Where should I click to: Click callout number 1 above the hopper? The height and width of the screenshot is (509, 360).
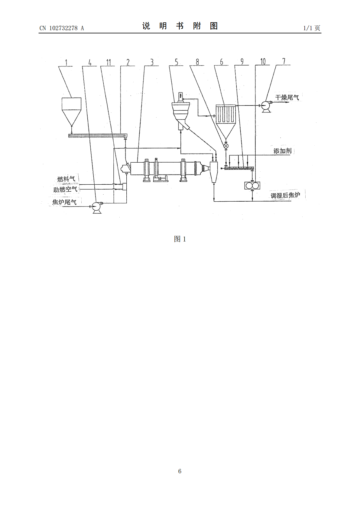(x=66, y=63)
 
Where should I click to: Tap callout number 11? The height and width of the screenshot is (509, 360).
(x=109, y=62)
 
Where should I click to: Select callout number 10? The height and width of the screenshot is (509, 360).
(x=263, y=61)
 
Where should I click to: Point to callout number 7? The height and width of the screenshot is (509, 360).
(x=284, y=61)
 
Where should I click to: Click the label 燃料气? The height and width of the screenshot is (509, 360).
(x=66, y=179)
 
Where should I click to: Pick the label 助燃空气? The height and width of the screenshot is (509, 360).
(x=65, y=189)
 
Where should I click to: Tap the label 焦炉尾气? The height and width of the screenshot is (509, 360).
(x=64, y=202)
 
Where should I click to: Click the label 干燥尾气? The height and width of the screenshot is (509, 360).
(x=287, y=98)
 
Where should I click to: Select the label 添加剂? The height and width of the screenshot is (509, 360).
(x=282, y=151)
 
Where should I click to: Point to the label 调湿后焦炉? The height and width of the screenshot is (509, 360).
(x=285, y=196)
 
